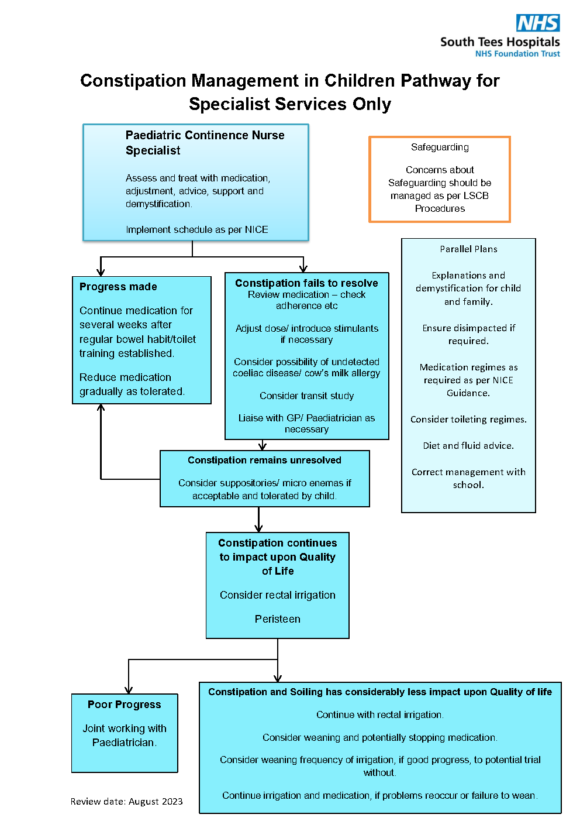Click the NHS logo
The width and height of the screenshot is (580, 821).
click(537, 23)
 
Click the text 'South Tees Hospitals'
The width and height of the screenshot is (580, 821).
click(500, 42)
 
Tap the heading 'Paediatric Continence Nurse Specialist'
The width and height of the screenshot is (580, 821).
click(205, 143)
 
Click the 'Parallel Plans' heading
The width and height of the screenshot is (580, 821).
click(468, 249)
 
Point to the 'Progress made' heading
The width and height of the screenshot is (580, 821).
click(118, 287)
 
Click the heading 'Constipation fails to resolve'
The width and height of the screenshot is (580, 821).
click(306, 283)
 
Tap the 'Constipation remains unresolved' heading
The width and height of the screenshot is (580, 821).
click(264, 460)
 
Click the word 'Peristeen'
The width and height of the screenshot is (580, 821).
click(278, 619)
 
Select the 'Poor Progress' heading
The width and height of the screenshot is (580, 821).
click(124, 705)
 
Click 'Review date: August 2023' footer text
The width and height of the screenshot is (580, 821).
click(126, 802)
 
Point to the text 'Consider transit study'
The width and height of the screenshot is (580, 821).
click(307, 396)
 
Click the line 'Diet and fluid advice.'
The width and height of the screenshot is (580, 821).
click(468, 446)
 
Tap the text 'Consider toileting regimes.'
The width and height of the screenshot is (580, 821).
click(468, 420)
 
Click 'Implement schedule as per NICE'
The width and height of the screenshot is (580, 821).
click(196, 229)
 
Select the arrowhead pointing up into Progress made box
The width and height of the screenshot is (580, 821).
click(101, 407)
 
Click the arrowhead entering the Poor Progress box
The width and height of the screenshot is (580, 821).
click(129, 690)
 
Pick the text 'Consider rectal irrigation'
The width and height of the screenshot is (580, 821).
click(278, 595)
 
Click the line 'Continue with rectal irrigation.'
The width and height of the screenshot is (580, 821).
click(379, 714)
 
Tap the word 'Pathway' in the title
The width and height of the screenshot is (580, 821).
click(436, 81)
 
